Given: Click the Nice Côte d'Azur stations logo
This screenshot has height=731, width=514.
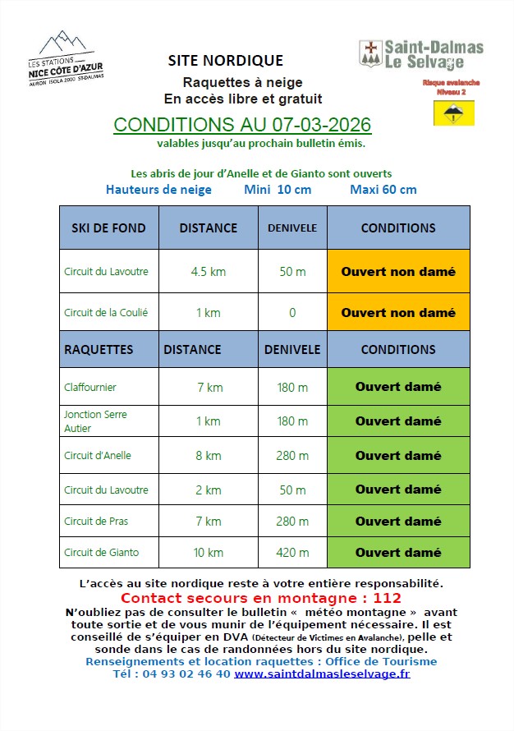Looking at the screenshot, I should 71,59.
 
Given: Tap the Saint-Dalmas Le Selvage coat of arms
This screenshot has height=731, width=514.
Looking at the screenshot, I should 370,54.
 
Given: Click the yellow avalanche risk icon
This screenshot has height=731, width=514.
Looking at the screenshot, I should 453,113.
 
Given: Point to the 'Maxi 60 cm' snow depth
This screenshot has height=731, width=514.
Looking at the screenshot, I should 383,190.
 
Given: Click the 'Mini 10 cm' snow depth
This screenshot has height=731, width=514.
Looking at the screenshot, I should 278,190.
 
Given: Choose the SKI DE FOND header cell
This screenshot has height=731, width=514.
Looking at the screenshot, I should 108,228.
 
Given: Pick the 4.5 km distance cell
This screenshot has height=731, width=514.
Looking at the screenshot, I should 209,271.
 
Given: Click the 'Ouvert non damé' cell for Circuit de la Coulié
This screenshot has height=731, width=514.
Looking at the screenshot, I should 398,313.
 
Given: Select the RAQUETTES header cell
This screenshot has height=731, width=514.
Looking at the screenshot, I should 99,349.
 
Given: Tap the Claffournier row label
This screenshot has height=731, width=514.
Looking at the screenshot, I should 90,387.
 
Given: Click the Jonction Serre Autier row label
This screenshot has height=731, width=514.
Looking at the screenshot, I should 95,421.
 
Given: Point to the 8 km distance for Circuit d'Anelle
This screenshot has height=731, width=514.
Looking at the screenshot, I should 209,456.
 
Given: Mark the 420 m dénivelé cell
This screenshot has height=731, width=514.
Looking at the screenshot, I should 292,553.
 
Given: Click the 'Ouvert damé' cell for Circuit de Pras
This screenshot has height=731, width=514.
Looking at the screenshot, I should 398,522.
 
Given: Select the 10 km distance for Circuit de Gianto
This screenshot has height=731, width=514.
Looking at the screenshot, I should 209,553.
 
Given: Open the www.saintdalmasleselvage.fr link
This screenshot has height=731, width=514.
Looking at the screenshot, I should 322,674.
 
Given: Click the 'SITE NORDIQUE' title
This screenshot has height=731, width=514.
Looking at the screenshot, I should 225,61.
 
